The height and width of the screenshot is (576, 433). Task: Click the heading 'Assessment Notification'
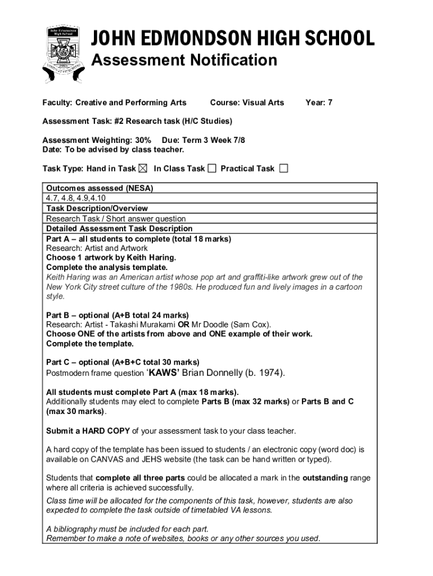(x=184, y=60)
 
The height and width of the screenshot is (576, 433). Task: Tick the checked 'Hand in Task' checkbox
(x=143, y=168)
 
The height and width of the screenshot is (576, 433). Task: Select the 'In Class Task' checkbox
(x=211, y=168)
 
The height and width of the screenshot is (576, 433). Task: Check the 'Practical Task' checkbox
(x=283, y=168)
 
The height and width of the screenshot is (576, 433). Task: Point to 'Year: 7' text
(x=319, y=102)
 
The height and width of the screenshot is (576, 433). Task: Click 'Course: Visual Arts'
(x=247, y=102)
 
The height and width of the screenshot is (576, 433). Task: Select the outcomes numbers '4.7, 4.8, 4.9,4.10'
(x=76, y=198)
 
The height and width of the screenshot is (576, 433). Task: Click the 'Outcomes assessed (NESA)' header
(x=100, y=188)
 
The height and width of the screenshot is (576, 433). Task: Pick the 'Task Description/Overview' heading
(x=97, y=208)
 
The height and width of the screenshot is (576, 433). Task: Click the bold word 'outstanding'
(x=325, y=478)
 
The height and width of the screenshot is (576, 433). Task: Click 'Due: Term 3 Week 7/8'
(x=203, y=140)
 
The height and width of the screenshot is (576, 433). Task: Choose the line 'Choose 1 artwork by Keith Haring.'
(x=111, y=258)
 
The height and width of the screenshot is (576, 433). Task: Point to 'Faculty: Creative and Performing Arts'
(x=114, y=102)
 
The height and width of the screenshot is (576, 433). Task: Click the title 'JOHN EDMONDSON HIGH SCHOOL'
(x=232, y=39)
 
